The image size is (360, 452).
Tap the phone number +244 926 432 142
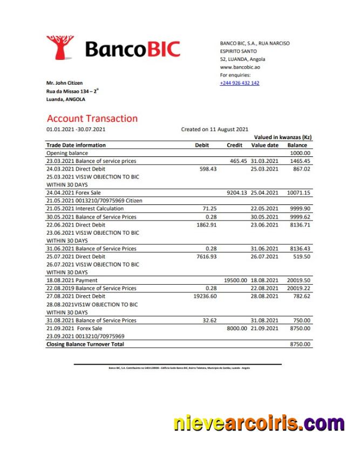tap(239, 83)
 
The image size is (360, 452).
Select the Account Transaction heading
tap(92, 119)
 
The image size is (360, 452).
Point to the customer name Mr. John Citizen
tap(65, 83)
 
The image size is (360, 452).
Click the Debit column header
tap(201, 145)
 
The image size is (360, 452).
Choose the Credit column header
tap(234, 145)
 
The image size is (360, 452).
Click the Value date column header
tap(265, 145)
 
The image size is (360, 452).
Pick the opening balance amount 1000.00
tap(301, 153)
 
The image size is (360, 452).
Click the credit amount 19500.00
tap(235, 280)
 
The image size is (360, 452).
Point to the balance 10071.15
tap(299, 193)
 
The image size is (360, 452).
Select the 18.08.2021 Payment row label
tap(72, 280)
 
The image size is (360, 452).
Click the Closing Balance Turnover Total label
tap(85, 344)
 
